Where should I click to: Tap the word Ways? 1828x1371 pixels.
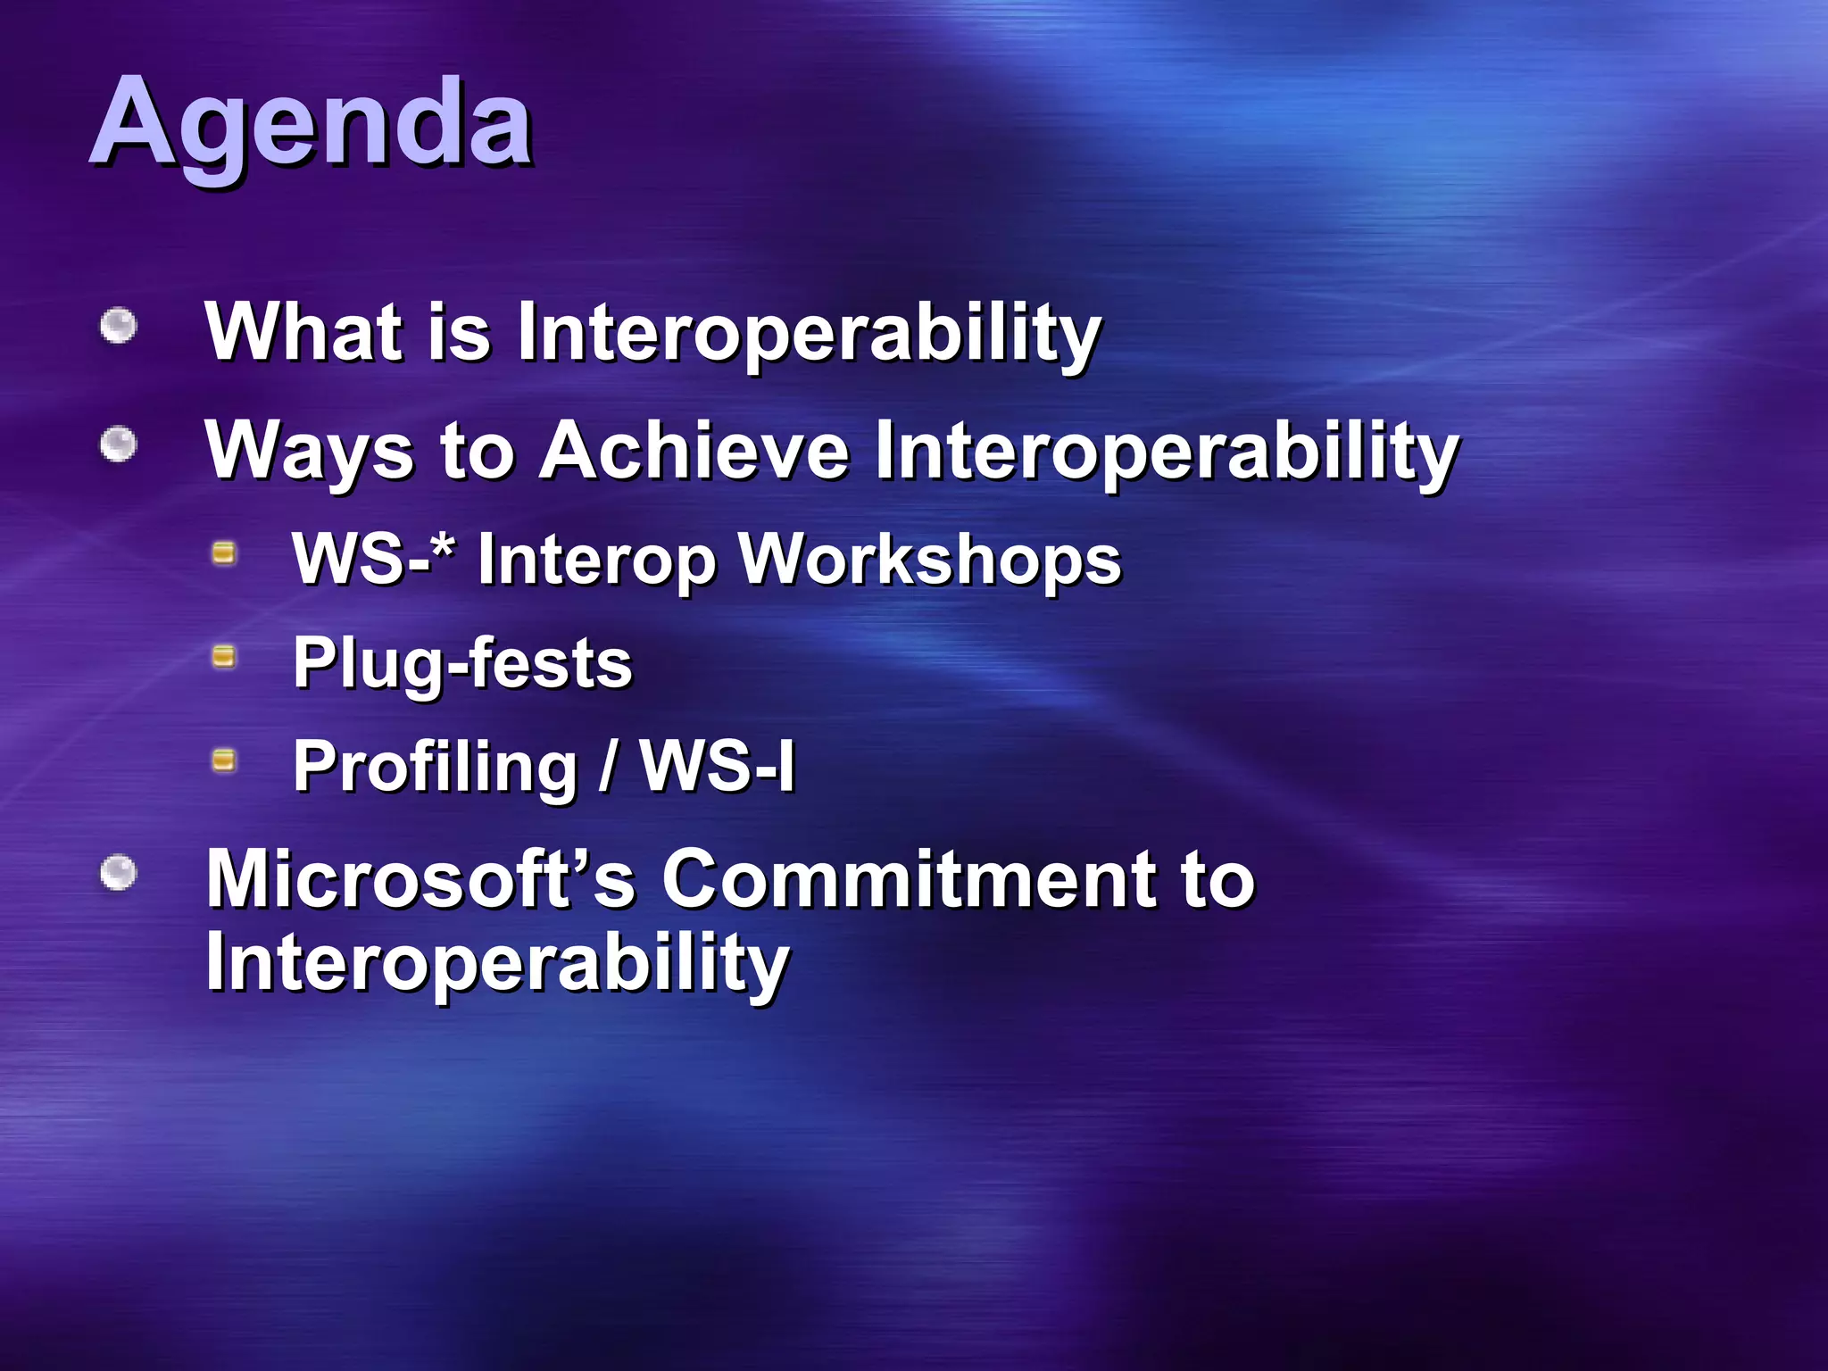tap(309, 452)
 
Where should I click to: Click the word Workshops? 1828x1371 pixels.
tap(930, 561)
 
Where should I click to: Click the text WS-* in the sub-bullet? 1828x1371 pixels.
tap(373, 559)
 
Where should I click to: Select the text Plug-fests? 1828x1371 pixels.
tap(462, 664)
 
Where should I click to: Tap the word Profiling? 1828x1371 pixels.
tap(436, 768)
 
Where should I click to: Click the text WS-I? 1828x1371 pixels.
tap(717, 766)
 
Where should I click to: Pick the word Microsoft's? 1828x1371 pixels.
tap(420, 879)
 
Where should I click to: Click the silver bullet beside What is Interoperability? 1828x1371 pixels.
tap(118, 326)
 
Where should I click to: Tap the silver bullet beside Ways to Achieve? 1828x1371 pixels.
tap(118, 445)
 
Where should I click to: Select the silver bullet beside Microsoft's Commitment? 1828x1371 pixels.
tap(118, 873)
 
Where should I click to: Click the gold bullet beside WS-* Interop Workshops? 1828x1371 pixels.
tap(224, 553)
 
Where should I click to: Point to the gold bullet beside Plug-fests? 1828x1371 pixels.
tap(224, 658)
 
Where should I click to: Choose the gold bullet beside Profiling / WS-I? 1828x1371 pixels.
tap(224, 761)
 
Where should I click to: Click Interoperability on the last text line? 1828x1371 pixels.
tap(497, 962)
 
